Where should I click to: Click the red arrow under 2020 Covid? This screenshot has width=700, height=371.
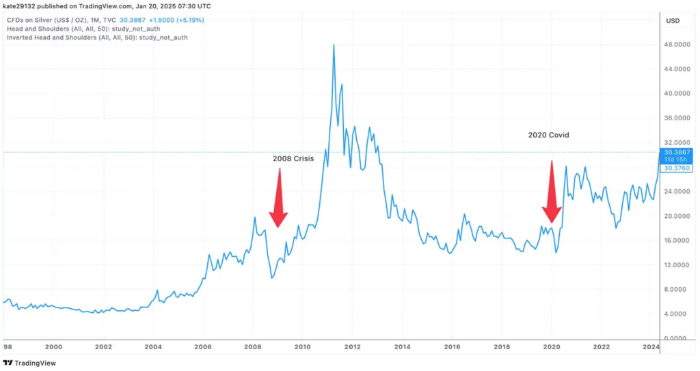(x=552, y=193)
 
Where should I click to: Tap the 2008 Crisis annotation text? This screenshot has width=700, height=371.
(x=293, y=159)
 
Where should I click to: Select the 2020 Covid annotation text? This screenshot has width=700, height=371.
(x=548, y=135)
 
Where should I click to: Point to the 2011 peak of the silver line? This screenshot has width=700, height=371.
(x=334, y=46)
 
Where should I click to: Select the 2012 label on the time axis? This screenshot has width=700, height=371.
(x=353, y=347)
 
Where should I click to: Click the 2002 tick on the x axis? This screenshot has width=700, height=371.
(x=103, y=347)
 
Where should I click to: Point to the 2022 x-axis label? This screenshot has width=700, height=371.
(x=602, y=347)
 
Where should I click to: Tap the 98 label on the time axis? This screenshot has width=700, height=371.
(x=8, y=347)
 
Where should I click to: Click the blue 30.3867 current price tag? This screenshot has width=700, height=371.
(x=677, y=152)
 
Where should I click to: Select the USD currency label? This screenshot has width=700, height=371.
(x=673, y=21)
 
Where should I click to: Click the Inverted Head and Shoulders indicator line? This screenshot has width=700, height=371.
(x=96, y=38)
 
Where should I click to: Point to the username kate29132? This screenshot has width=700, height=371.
(x=22, y=6)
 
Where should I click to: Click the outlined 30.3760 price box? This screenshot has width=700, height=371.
(x=677, y=168)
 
